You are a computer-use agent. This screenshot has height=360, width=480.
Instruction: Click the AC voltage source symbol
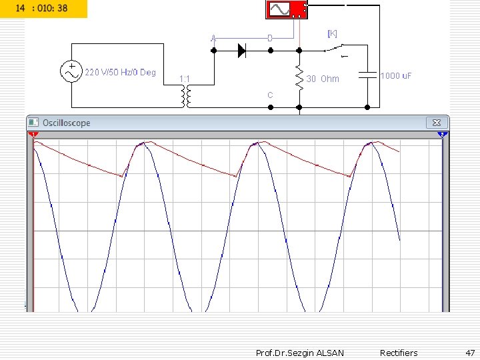click(71, 72)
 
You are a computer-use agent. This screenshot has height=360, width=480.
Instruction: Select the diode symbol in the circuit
click(242, 49)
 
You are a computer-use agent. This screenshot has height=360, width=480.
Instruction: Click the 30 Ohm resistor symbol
click(299, 78)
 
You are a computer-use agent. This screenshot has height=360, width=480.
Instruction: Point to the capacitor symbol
click(367, 75)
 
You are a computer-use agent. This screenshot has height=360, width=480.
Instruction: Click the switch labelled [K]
click(335, 49)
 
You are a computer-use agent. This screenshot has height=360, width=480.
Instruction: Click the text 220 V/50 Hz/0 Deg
click(120, 72)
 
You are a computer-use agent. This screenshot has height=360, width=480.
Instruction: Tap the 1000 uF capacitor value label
click(396, 76)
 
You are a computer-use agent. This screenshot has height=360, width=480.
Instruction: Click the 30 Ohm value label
click(323, 79)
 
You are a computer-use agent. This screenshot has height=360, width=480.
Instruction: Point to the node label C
click(270, 95)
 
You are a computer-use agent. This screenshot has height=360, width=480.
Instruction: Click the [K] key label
click(332, 33)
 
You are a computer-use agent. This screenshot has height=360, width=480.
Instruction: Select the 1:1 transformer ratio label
click(185, 79)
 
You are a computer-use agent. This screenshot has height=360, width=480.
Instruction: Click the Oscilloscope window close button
click(437, 123)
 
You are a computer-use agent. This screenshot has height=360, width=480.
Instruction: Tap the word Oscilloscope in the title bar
click(66, 123)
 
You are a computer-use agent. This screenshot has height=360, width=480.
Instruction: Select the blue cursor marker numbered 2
click(441, 135)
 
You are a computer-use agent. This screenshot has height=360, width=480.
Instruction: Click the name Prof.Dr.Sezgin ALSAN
click(300, 353)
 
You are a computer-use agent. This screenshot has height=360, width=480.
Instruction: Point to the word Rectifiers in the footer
click(399, 353)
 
